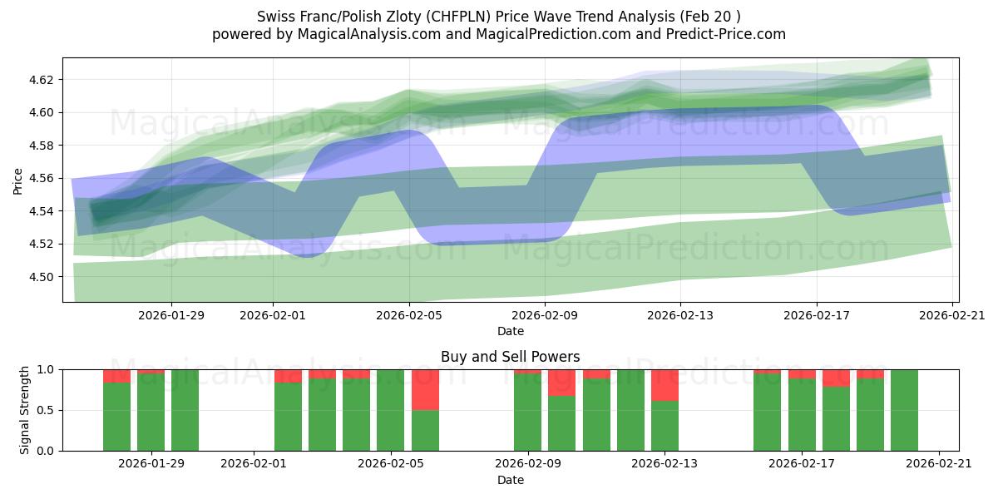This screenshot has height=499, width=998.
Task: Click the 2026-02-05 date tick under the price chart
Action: (408, 314)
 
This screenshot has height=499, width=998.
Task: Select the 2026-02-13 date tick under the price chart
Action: (680, 314)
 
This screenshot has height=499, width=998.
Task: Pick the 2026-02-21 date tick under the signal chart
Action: (938, 463)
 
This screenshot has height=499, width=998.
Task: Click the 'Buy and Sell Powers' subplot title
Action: (510, 357)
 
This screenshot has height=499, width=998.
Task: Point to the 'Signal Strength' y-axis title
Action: (25, 409)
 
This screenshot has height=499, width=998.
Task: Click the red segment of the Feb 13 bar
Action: (665, 385)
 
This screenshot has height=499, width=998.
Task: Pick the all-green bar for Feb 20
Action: (904, 410)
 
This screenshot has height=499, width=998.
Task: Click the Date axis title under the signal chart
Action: (510, 480)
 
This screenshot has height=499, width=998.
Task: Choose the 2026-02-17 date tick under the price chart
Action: (816, 314)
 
